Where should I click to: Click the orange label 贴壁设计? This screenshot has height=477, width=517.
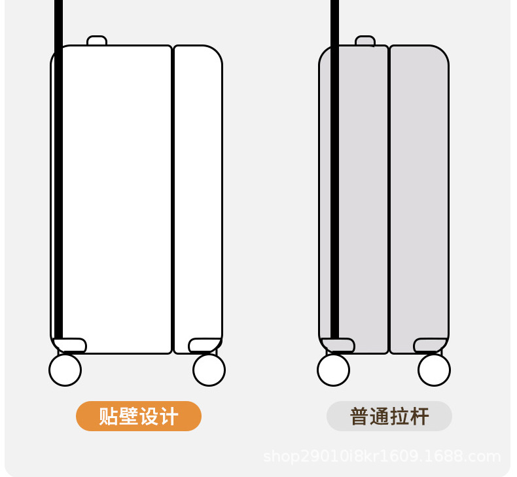pyautogui.click(x=138, y=416)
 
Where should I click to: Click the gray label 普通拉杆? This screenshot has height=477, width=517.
pyautogui.click(x=389, y=417)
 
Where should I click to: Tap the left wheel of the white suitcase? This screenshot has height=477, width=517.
pyautogui.click(x=65, y=370)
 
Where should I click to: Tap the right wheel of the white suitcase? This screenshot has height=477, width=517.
pyautogui.click(x=209, y=370)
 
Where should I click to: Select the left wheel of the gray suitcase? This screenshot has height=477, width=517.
pyautogui.click(x=333, y=370)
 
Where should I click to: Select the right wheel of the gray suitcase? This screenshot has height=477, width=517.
pyautogui.click(x=434, y=370)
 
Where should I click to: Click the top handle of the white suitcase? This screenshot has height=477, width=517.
pyautogui.click(x=97, y=41)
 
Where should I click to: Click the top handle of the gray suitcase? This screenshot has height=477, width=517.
pyautogui.click(x=365, y=41)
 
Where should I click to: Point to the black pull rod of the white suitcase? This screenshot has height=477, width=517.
pyautogui.click(x=58, y=164)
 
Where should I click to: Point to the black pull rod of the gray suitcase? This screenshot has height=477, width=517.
pyautogui.click(x=335, y=164)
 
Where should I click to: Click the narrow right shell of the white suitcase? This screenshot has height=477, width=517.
pyautogui.click(x=198, y=196)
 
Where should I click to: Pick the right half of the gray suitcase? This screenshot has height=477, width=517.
pyautogui.click(x=419, y=196)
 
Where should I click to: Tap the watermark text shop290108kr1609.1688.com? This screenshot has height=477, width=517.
pyautogui.click(x=382, y=456)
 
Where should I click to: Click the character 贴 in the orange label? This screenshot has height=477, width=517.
pyautogui.click(x=108, y=417)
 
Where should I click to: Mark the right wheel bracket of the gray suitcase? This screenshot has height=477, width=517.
pyautogui.click(x=430, y=345)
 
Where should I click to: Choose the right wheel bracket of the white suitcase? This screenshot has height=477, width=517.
pyautogui.click(x=204, y=345)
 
